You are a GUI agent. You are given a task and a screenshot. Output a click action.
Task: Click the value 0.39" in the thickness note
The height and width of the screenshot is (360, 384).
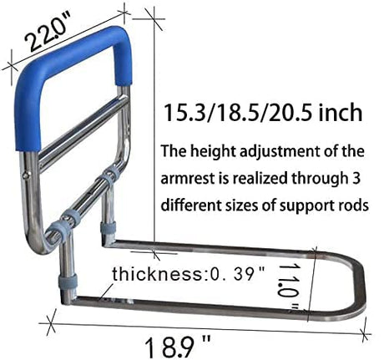point(240,273)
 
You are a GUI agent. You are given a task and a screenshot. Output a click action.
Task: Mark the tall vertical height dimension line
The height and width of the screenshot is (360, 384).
point(154,125)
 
